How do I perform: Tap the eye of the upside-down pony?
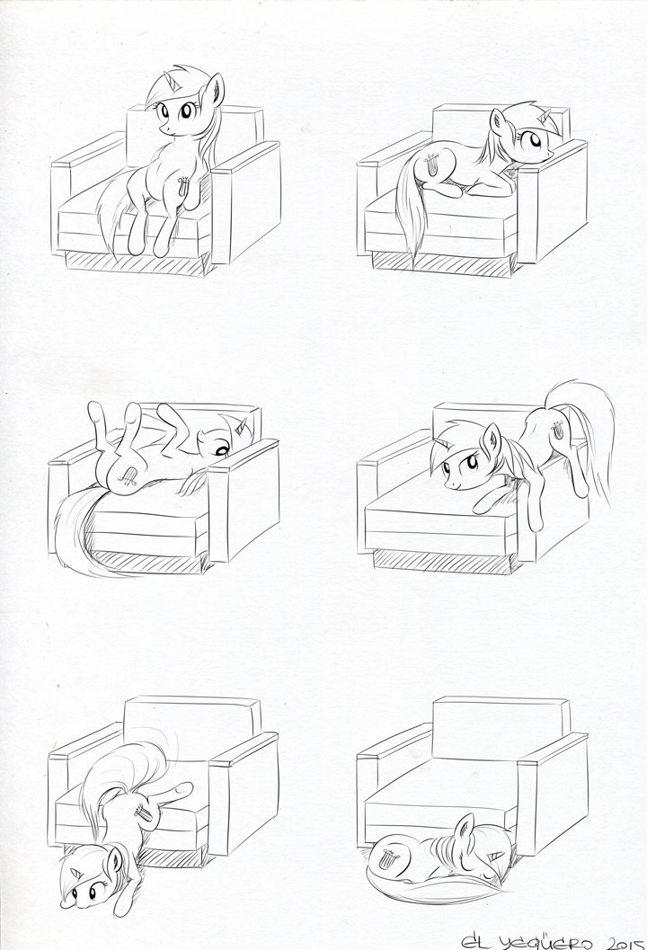(221, 449)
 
